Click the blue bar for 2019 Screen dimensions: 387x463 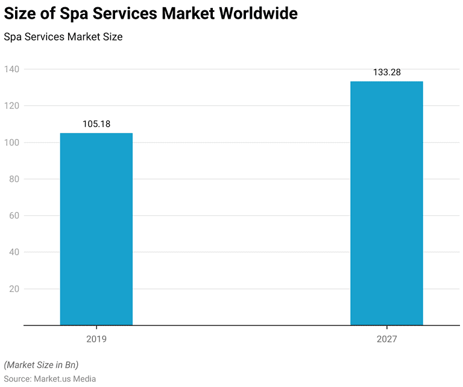coord(96,229)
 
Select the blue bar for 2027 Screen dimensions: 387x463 coord(386,203)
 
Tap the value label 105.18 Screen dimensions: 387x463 coord(96,124)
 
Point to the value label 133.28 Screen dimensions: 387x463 coord(386,72)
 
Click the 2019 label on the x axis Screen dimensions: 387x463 coord(96,339)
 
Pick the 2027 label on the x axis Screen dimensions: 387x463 coord(386,339)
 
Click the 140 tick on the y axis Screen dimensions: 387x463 coord(12,69)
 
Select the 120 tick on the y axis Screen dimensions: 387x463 coord(12,106)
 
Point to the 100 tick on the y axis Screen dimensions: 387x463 coord(12,143)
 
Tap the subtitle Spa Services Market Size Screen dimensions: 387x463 coord(63,37)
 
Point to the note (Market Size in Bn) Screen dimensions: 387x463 coord(41,365)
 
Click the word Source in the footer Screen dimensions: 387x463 coord(17,378)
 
